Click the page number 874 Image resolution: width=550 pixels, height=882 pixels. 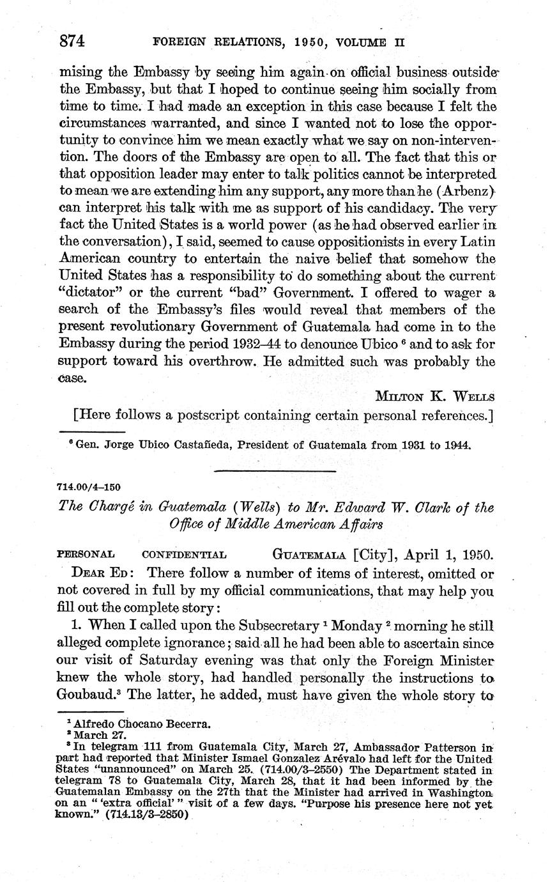point(72,42)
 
